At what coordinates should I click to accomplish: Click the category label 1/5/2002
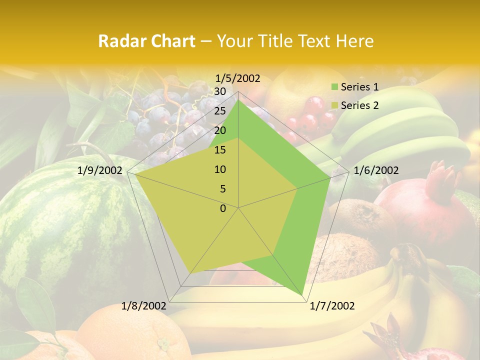(x=238, y=78)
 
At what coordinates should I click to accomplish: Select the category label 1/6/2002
(x=376, y=170)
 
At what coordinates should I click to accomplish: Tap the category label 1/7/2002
(x=332, y=306)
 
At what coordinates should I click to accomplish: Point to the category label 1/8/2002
(x=144, y=306)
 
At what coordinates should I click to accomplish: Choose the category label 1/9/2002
(x=100, y=170)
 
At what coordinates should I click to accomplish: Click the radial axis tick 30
(x=220, y=91)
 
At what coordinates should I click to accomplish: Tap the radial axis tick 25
(x=220, y=111)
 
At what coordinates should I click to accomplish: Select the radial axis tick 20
(x=220, y=130)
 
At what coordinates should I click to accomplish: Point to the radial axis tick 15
(x=220, y=150)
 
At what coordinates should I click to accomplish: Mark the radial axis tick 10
(x=220, y=169)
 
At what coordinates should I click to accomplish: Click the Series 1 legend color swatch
(x=334, y=87)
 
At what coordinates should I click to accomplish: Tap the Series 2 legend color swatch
(x=334, y=105)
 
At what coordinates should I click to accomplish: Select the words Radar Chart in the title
(x=146, y=41)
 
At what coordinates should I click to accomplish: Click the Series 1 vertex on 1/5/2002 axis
(x=238, y=100)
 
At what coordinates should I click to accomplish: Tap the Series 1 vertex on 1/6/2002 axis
(x=330, y=177)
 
